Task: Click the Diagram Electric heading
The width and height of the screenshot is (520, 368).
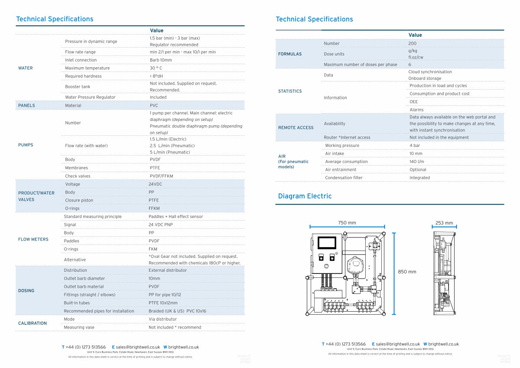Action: tap(305, 196)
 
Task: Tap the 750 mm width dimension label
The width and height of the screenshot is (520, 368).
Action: tap(347, 223)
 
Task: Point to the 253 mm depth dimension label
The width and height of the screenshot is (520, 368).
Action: tap(444, 223)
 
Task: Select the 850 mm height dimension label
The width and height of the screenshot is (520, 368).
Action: tap(407, 272)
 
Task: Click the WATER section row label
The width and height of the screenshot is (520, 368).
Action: tap(25, 68)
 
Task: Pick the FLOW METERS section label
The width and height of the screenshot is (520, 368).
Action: tap(33, 239)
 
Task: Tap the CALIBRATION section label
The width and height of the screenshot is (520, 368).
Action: tap(32, 323)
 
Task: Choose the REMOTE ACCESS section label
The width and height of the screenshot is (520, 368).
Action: tap(296, 128)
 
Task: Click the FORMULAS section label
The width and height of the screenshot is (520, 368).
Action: tap(289, 54)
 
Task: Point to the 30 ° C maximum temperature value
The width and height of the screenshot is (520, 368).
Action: tap(156, 68)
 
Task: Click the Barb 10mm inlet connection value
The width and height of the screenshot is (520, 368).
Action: tap(161, 60)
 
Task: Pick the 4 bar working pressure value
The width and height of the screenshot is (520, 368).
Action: tap(415, 146)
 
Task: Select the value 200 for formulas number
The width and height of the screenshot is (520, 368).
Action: tap(412, 43)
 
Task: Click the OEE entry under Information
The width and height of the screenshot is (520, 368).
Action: tap(414, 102)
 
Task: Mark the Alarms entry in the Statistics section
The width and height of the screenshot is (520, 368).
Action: tap(416, 110)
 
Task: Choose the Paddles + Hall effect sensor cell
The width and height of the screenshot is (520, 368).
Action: tap(175, 217)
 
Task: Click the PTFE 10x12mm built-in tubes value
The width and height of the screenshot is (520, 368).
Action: tap(163, 303)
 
